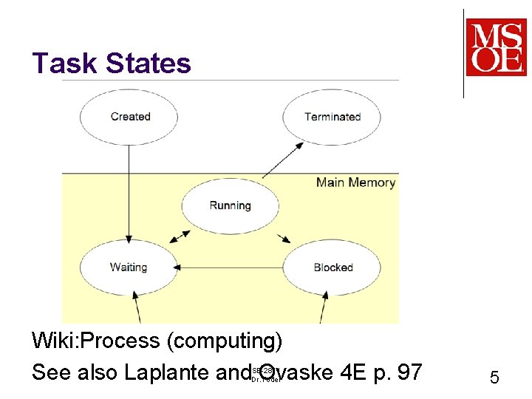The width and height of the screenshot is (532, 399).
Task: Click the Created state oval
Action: pyautogui.click(x=129, y=117)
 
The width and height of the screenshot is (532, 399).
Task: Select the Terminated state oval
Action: pyautogui.click(x=332, y=117)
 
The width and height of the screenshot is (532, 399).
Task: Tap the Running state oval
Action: pyautogui.click(x=230, y=205)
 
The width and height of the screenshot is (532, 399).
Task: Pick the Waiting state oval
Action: pyautogui.click(x=129, y=267)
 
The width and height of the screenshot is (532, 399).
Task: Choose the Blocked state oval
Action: pyautogui.click(x=332, y=267)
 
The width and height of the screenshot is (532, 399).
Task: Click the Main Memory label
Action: pyautogui.click(x=355, y=183)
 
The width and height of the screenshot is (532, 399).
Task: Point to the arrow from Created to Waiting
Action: pyautogui.click(x=129, y=192)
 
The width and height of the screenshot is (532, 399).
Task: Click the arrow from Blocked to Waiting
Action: pyautogui.click(x=229, y=267)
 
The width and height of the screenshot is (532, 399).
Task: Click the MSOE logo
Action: pyautogui.click(x=496, y=47)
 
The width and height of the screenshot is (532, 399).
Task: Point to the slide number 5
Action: pyautogui.click(x=494, y=378)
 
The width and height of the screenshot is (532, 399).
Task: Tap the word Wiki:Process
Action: pyautogui.click(x=96, y=341)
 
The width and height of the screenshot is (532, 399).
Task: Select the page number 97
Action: pyautogui.click(x=406, y=372)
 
